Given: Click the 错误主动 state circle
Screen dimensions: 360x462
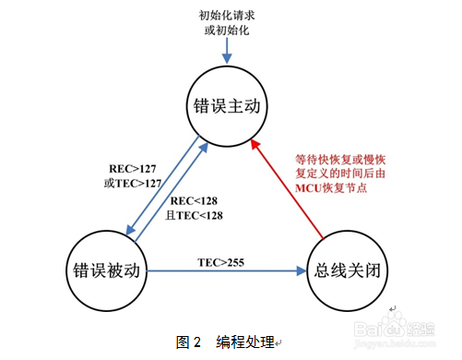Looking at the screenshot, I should click(x=224, y=104).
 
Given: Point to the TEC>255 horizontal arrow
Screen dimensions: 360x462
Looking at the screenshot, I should click(x=226, y=271).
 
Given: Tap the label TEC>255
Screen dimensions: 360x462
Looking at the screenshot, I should click(x=221, y=260).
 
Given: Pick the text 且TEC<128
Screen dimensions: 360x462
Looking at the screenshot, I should click(x=193, y=214).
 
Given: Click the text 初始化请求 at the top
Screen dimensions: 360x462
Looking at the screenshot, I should click(x=226, y=15).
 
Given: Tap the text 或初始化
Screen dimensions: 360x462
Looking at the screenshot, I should click(x=226, y=30).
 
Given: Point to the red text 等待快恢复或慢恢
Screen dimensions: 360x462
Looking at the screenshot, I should click(x=341, y=158).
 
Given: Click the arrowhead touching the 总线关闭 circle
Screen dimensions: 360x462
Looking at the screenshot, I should click(x=302, y=271).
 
